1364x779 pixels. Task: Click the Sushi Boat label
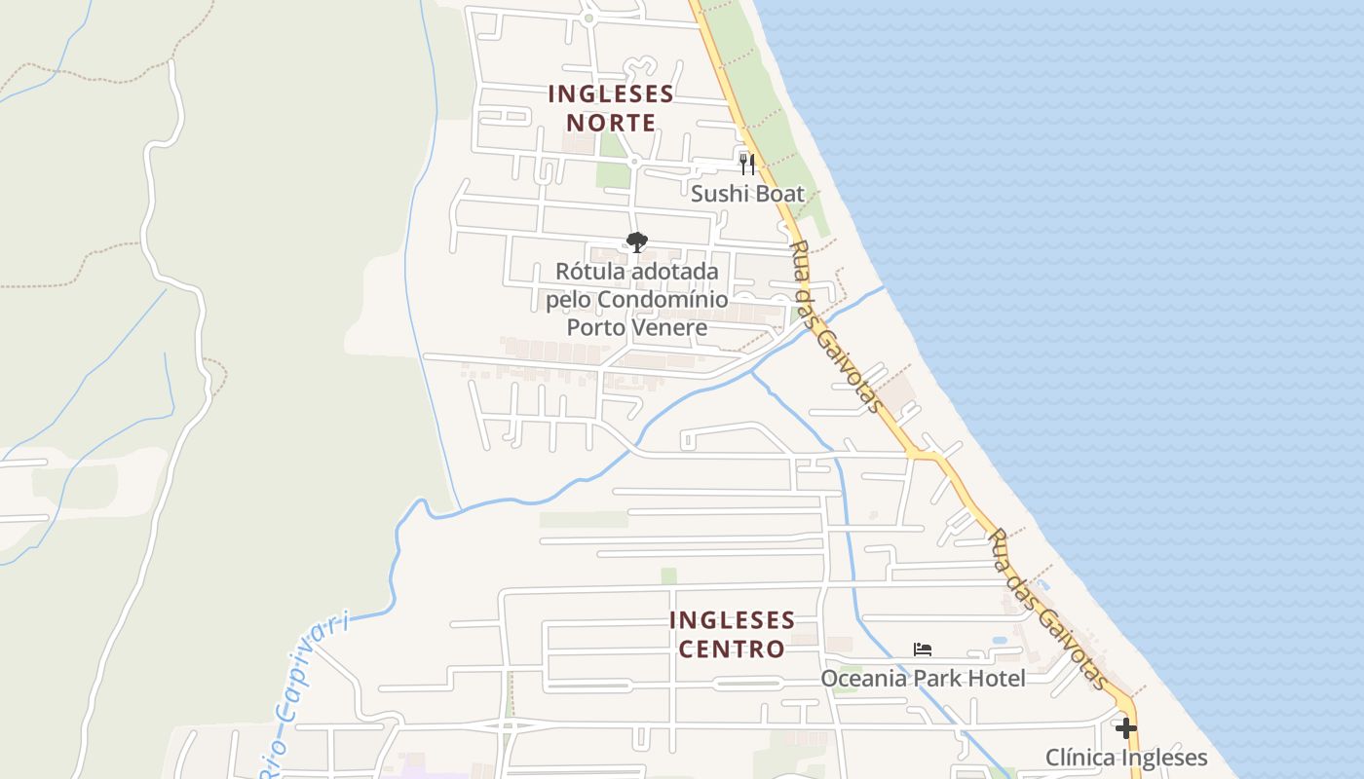pyautogui.click(x=747, y=194)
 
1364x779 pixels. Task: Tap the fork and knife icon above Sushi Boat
pyautogui.click(x=747, y=164)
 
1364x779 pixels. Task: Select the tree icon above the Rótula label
pyautogui.click(x=637, y=242)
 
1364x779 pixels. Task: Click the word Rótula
pyautogui.click(x=589, y=272)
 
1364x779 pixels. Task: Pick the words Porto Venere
pyautogui.click(x=636, y=327)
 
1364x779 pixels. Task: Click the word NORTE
pyautogui.click(x=611, y=124)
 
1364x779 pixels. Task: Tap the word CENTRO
pyautogui.click(x=732, y=649)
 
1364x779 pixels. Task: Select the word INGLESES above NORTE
pyautogui.click(x=611, y=94)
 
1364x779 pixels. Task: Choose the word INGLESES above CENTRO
pyautogui.click(x=732, y=620)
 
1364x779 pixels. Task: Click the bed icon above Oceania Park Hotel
pyautogui.click(x=923, y=649)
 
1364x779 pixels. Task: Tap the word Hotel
pyautogui.click(x=997, y=678)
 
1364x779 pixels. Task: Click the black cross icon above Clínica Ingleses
pyautogui.click(x=1126, y=728)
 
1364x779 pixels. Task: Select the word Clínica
pyautogui.click(x=1080, y=758)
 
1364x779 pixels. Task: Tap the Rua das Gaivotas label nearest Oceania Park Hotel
pyautogui.click(x=1047, y=609)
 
